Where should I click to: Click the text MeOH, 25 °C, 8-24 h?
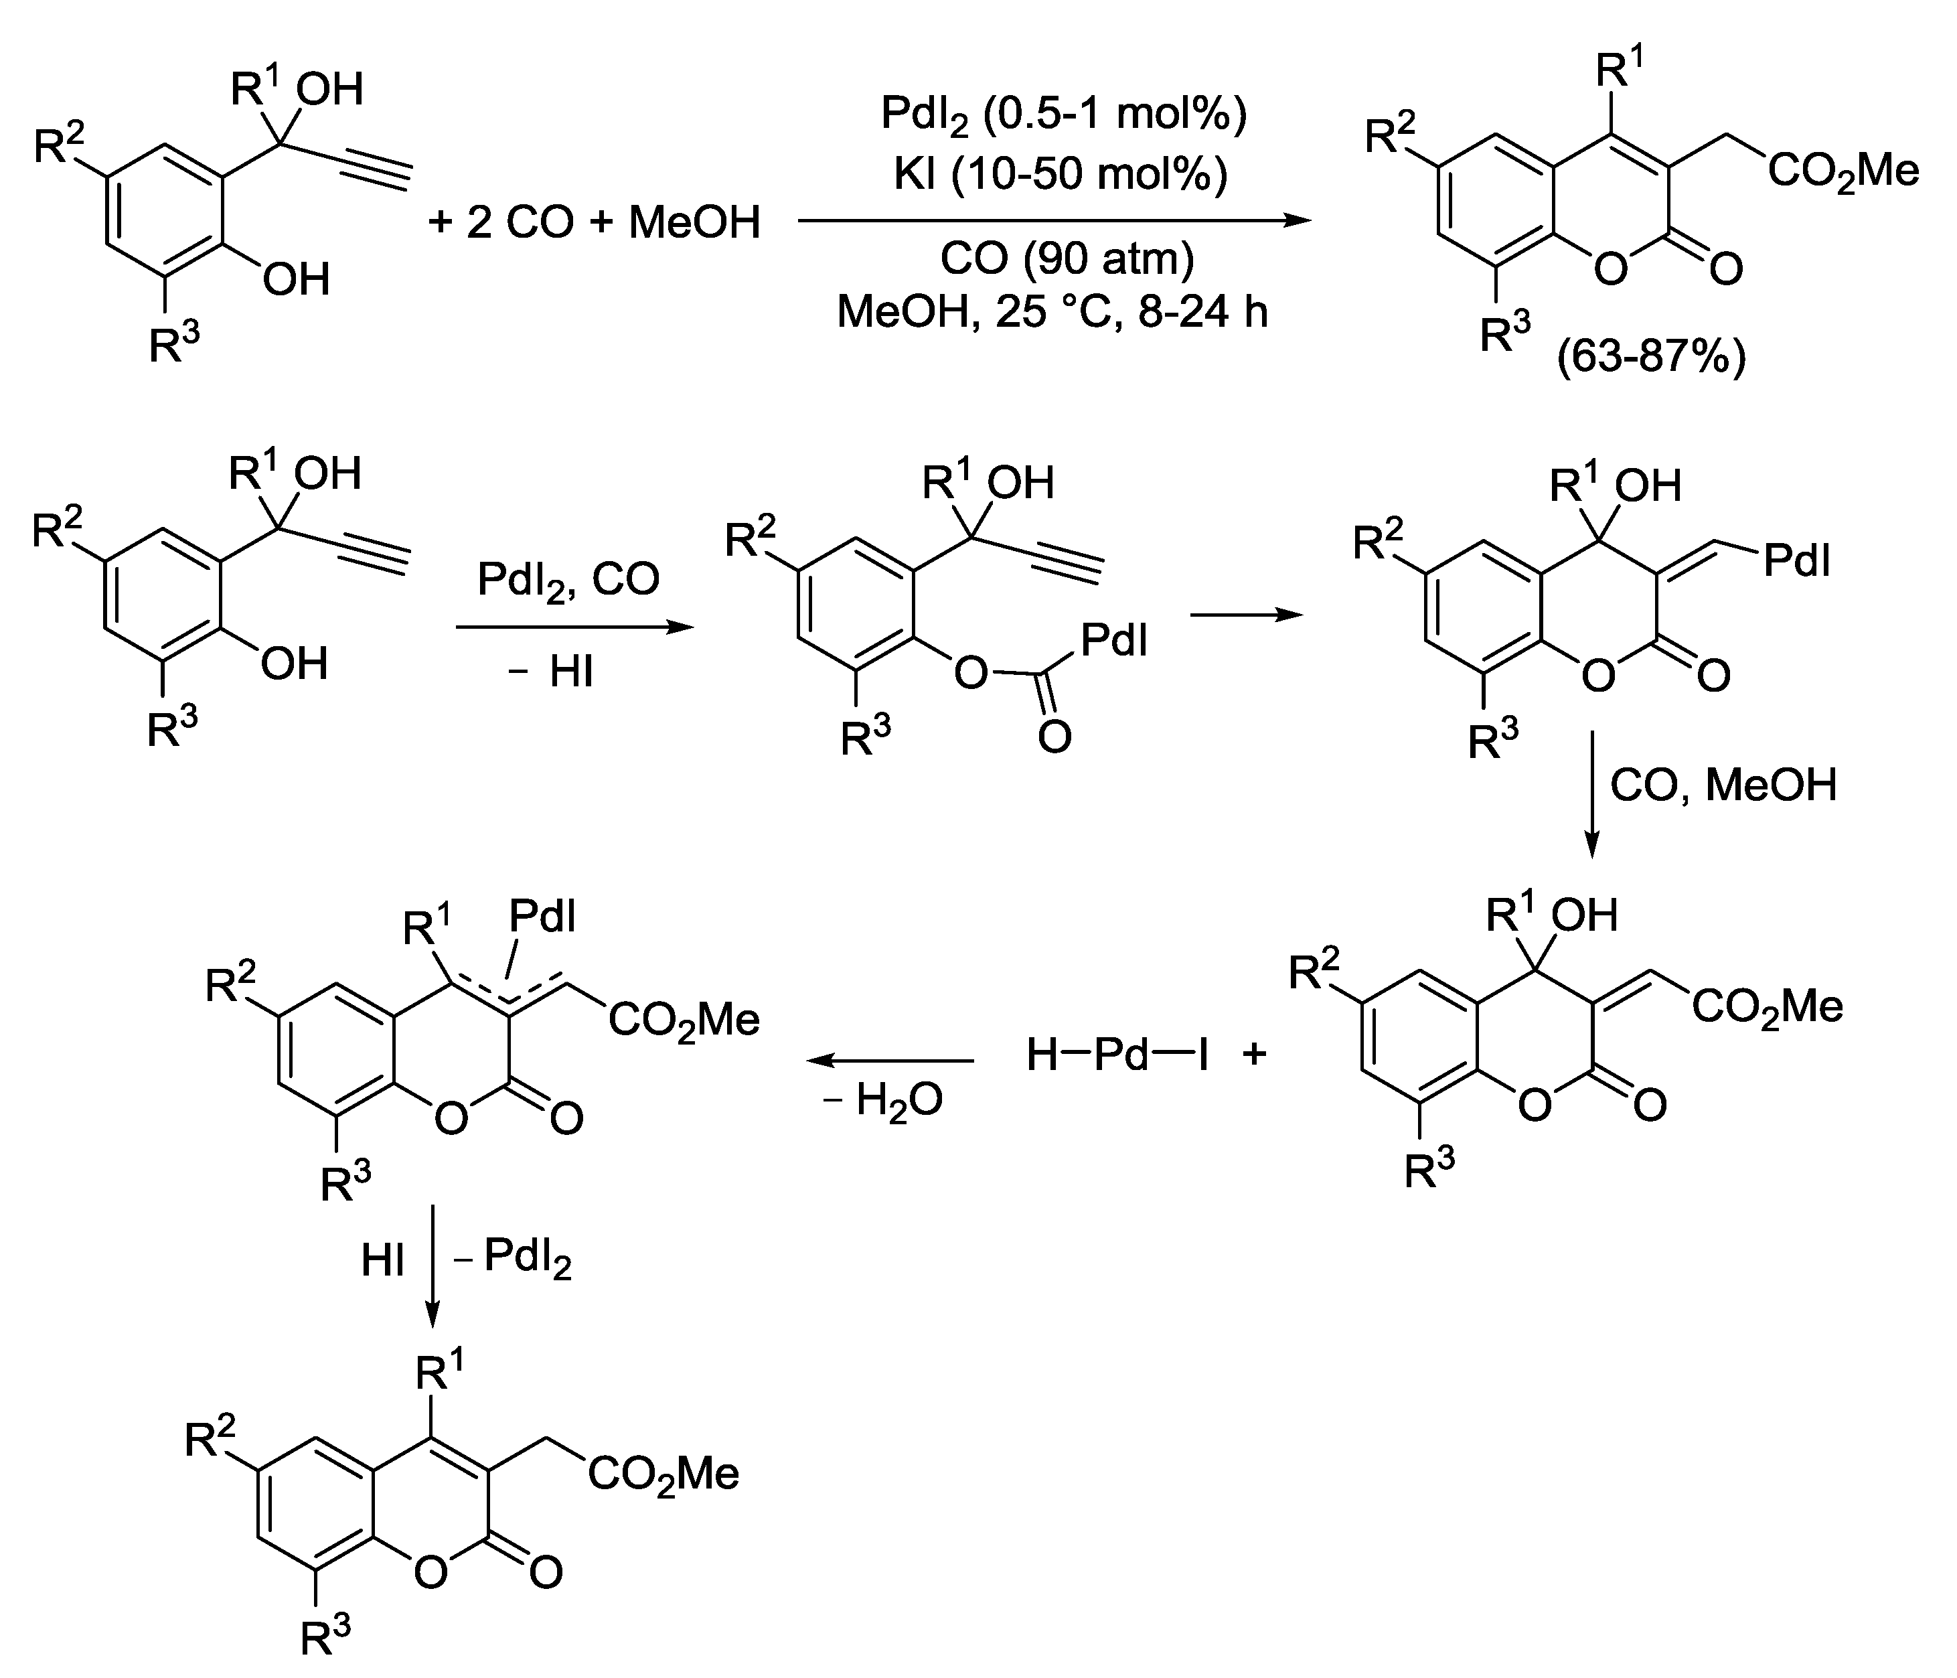click(x=1052, y=312)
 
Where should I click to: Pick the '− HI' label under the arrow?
click(x=550, y=673)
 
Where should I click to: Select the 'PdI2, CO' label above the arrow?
click(x=568, y=580)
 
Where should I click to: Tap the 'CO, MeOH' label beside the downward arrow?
click(x=1723, y=785)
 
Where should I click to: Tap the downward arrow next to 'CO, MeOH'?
click(x=1591, y=793)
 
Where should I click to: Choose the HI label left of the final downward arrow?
click(x=382, y=1260)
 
